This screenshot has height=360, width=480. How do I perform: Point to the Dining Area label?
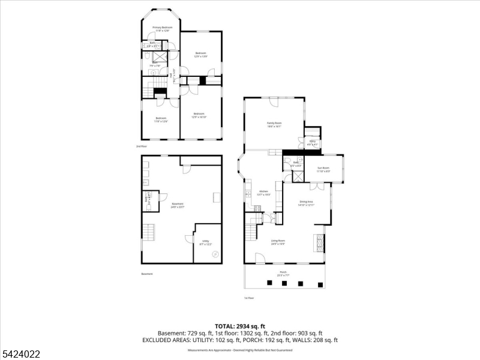tap(307, 203)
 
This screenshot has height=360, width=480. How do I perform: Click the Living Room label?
tap(277, 242)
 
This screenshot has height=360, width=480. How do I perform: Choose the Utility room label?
tap(205, 243)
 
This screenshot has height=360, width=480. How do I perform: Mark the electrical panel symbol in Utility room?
tap(215, 254)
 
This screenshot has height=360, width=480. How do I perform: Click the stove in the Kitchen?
tap(256, 208)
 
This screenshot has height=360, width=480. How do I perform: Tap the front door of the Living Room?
tap(260, 259)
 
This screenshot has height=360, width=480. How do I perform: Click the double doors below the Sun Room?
tap(321, 187)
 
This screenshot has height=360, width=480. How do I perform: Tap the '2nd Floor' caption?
tap(142, 146)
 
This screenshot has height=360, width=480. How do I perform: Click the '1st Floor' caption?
tap(249, 298)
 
